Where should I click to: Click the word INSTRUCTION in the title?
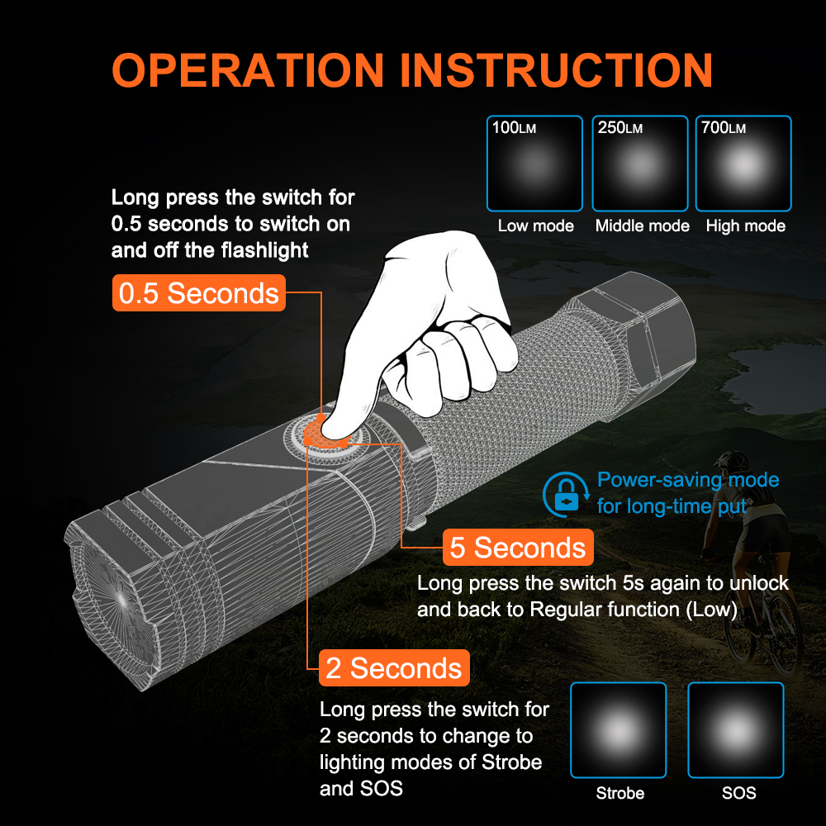click(556, 70)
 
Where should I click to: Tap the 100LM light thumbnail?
click(534, 164)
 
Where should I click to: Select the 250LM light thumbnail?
click(640, 164)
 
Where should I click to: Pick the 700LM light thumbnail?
click(743, 164)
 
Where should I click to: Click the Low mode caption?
click(536, 226)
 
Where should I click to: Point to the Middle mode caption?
click(642, 226)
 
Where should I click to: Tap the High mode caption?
click(745, 226)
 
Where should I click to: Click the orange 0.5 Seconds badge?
click(198, 293)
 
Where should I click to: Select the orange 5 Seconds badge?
click(518, 548)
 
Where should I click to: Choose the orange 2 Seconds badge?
click(394, 668)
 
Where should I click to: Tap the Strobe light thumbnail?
click(618, 730)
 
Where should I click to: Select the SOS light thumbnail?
click(735, 730)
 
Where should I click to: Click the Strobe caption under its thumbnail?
click(620, 793)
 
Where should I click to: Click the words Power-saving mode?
click(688, 480)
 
